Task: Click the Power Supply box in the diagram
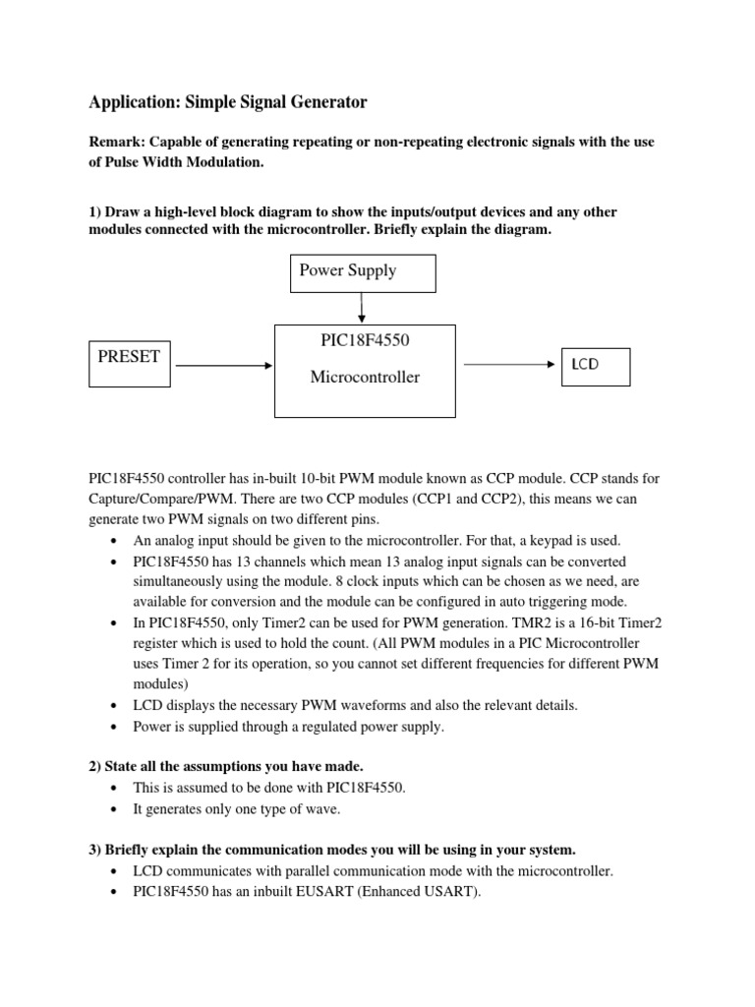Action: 363,271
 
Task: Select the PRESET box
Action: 129,365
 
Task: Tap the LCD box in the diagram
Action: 596,366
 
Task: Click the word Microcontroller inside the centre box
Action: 365,378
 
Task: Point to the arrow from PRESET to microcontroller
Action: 222,366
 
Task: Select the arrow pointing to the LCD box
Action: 509,364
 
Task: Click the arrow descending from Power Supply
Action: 364,308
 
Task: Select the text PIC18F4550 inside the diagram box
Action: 364,341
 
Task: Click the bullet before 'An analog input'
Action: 116,541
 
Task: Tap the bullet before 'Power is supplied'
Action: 116,728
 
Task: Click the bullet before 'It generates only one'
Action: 116,809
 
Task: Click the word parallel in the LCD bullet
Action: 292,871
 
